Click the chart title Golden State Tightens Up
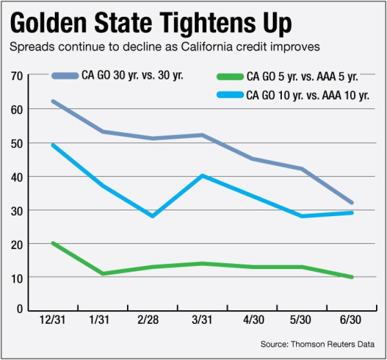[151, 24]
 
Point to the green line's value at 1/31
[103, 274]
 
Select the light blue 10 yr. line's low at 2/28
[153, 216]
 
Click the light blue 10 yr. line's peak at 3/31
[202, 176]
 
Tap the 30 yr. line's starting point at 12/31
[53, 101]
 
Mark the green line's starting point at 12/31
[53, 243]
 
